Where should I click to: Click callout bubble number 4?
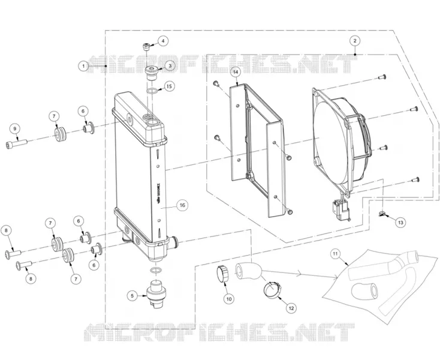[163, 41]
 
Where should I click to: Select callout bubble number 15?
[168, 86]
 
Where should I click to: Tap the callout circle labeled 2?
[355, 41]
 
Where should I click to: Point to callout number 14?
[236, 72]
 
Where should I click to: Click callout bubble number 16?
[182, 205]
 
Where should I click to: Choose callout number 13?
[400, 223]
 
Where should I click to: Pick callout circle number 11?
[334, 254]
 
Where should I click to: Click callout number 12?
[291, 308]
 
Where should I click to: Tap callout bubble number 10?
[229, 299]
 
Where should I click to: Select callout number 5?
[132, 296]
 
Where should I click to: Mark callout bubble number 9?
[15, 128]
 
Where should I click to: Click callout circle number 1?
[83, 66]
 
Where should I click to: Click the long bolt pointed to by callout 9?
[16, 144]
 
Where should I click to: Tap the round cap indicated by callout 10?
[222, 274]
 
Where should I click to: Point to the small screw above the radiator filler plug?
[146, 46]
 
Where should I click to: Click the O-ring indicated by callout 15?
[152, 91]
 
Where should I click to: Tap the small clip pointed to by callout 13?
[381, 214]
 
